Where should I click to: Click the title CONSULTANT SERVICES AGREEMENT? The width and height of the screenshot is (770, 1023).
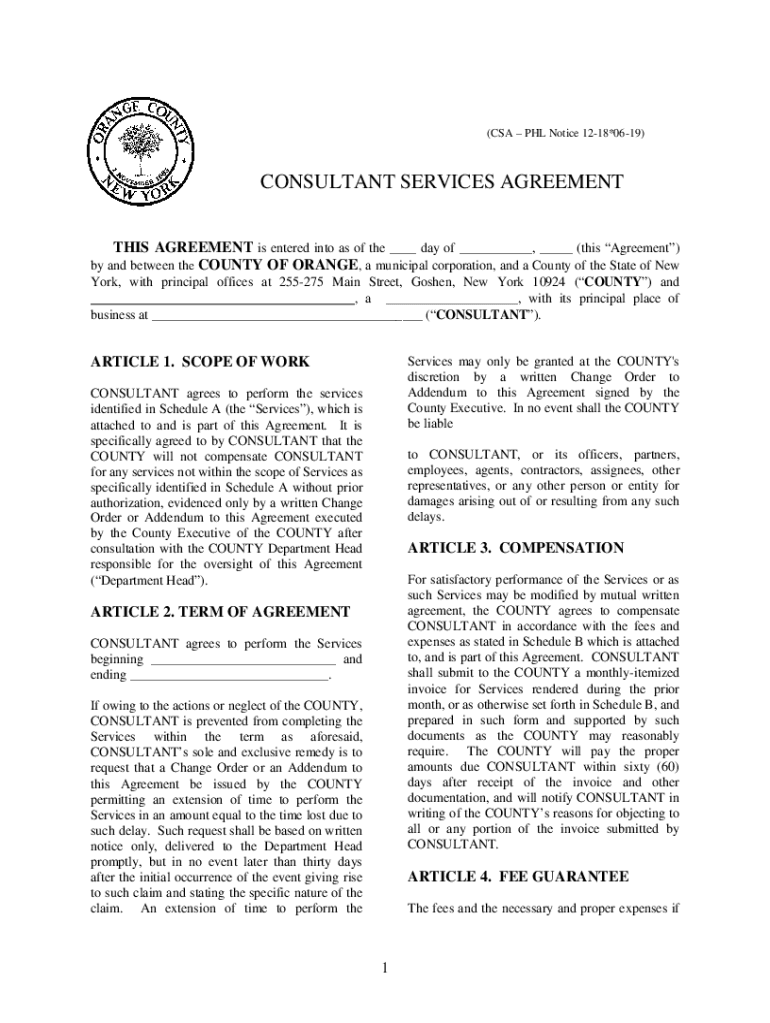tap(441, 182)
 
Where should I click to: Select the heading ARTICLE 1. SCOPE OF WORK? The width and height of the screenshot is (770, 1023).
tap(199, 361)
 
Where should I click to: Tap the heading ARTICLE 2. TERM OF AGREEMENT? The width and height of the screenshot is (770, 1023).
tap(220, 611)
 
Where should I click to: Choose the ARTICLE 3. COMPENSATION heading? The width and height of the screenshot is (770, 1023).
tap(515, 548)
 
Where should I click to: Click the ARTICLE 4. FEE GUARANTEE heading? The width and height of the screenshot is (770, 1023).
tap(517, 876)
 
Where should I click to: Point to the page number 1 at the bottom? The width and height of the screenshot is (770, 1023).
tap(384, 966)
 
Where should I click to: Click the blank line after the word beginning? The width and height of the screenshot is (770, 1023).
tap(243, 660)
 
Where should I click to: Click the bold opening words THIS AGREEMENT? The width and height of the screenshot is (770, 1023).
tap(182, 247)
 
